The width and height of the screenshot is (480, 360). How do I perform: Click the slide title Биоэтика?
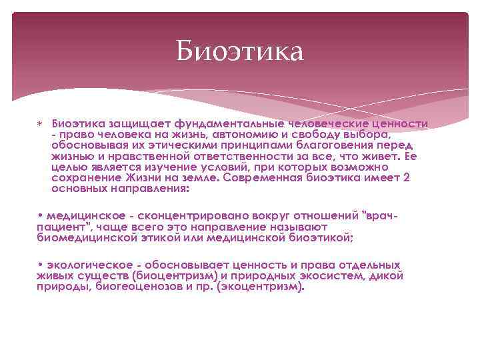tap(239, 51)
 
